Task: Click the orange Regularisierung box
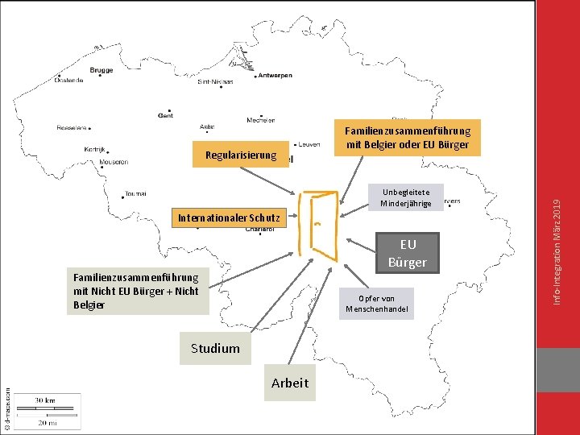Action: [241, 155]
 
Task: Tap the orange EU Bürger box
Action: [408, 253]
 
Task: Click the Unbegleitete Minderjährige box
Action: [406, 197]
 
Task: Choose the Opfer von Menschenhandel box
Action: [377, 304]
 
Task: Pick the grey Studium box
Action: [215, 348]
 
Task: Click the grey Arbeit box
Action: [290, 383]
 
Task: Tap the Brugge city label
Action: [101, 70]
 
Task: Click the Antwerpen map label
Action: [275, 76]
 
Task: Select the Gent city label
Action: [165, 115]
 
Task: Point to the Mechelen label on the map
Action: [260, 120]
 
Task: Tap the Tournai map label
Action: [136, 193]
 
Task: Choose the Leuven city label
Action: [309, 145]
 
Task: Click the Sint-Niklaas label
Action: [215, 81]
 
